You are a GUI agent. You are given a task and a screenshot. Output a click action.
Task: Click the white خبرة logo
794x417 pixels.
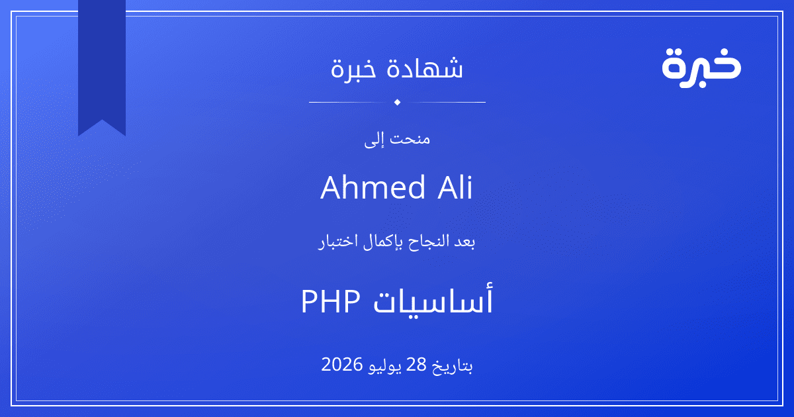tap(701, 68)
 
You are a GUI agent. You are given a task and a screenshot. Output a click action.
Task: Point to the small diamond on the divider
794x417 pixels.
tap(398, 102)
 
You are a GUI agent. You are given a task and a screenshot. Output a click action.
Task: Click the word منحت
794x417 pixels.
tap(410, 138)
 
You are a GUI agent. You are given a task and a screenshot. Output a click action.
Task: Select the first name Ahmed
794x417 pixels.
tap(373, 187)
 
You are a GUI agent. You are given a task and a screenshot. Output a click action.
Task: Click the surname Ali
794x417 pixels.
tap(455, 187)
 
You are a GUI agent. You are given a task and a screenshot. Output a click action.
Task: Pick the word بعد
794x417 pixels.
tap(464, 242)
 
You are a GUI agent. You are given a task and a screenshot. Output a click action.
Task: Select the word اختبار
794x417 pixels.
tap(338, 242)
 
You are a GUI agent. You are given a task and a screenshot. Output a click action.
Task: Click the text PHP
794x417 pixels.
tap(331, 301)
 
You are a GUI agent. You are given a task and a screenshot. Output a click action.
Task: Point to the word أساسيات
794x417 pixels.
tap(433, 299)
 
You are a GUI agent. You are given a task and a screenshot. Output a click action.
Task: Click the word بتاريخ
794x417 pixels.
tap(453, 365)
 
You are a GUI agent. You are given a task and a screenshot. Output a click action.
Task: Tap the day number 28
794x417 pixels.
tap(416, 365)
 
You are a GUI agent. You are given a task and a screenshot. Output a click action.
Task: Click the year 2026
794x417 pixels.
tap(341, 365)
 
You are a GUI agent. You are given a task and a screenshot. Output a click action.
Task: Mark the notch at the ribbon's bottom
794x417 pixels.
tap(102, 120)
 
